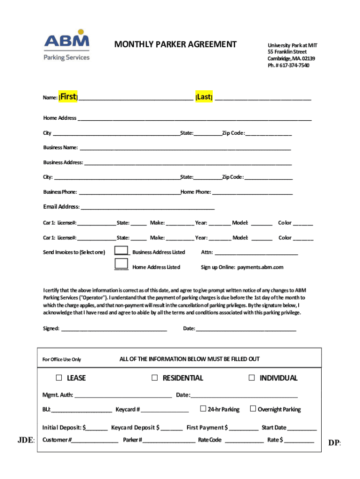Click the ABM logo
pos(66,45)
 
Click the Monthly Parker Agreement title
pos(176,44)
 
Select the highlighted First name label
pos(68,97)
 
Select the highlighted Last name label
pos(204,97)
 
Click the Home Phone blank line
pos(252,193)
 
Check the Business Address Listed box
pos(122,251)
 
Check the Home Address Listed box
pos(122,265)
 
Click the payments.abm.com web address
pos(260,267)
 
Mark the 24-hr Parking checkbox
pos(203,409)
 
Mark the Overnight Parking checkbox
pos(253,409)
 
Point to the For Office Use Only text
pos(62,359)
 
